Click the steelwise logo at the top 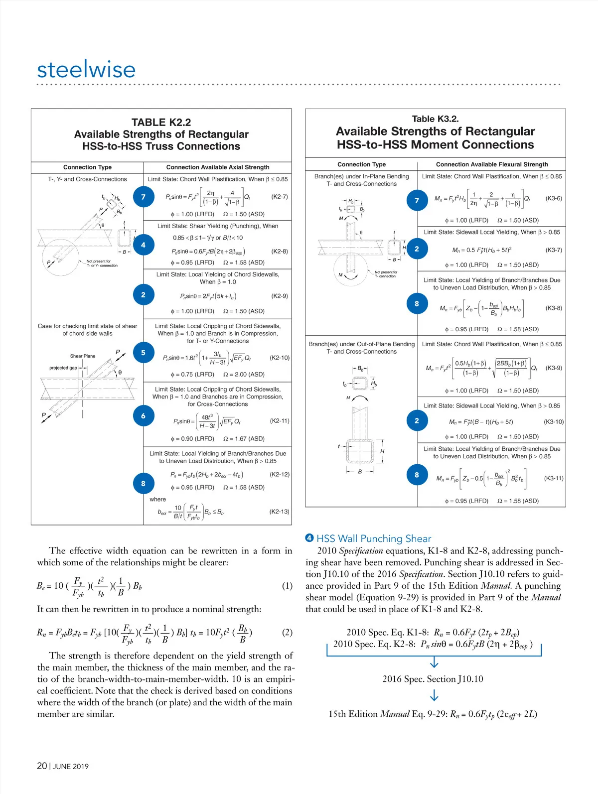tap(86, 69)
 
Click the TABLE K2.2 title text tap(161, 123)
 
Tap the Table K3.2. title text tap(435, 119)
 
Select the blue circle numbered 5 tap(143, 353)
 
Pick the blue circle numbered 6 tap(143, 416)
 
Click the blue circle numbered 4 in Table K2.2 tap(143, 245)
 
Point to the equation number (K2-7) tap(280, 197)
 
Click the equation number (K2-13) tap(279, 512)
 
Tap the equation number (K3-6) tap(553, 198)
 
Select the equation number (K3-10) tap(553, 422)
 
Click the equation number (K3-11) tap(553, 478)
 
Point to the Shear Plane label tap(83, 356)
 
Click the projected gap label tap(63, 368)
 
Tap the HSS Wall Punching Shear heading tap(374, 538)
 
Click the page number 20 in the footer tap(42, 766)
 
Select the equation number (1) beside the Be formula tap(287, 586)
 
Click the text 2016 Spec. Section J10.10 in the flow tap(433, 679)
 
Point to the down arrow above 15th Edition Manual tap(434, 696)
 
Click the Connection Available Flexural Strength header tap(492, 164)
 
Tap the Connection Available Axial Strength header tap(218, 167)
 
